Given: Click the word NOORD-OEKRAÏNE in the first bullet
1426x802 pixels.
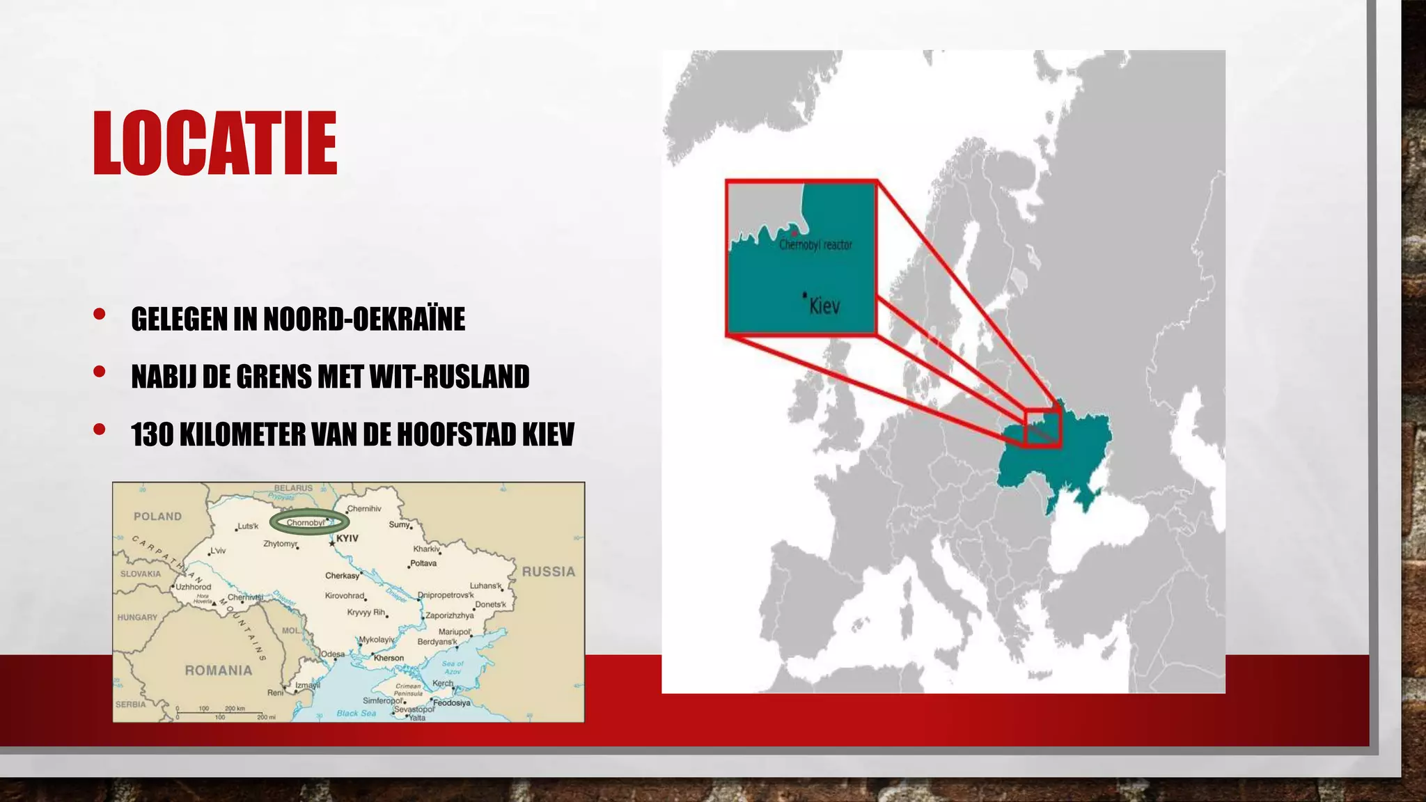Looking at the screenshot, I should (364, 320).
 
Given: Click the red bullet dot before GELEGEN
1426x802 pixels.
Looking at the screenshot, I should (99, 314).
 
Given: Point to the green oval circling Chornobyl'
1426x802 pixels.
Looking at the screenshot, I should (309, 522).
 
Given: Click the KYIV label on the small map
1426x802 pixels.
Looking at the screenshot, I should (347, 539).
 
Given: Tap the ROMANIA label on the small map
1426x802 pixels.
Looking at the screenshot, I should (218, 670).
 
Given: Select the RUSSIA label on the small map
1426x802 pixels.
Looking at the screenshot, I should (549, 572).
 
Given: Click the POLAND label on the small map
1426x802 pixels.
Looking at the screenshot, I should (157, 517).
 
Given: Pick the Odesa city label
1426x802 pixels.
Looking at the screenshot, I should (333, 654).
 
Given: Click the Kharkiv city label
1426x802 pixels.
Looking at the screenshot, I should (426, 549).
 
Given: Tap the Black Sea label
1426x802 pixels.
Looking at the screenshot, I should (356, 714).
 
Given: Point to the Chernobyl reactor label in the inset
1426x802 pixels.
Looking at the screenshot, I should (815, 245).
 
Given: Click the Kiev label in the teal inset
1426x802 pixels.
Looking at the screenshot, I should (824, 306).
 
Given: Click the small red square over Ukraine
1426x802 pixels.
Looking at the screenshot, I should (1042, 428).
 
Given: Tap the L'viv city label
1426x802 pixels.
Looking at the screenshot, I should (218, 551).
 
